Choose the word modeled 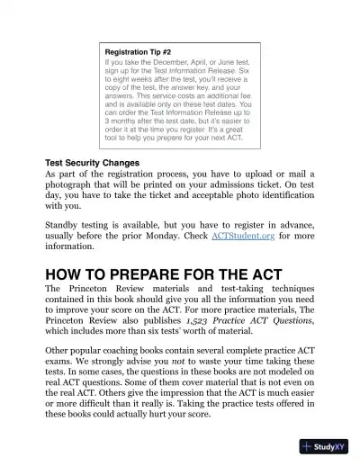[275, 372]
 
